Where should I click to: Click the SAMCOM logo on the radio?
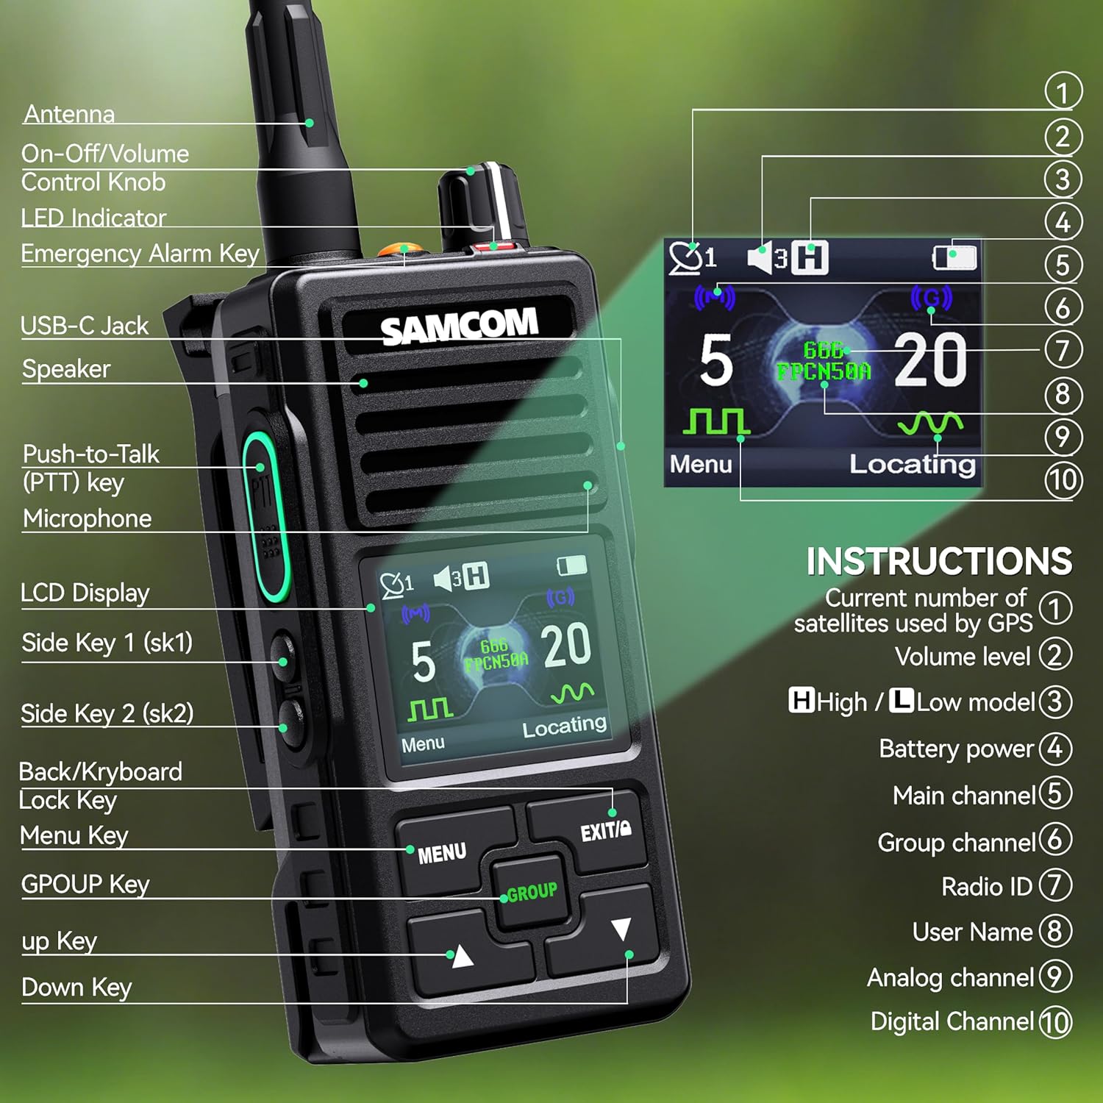point(459,326)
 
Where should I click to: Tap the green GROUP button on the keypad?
point(531,891)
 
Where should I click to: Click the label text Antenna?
point(69,114)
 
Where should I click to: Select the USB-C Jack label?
point(85,326)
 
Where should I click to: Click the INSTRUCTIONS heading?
point(939,562)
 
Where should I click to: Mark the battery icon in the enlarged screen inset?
point(954,257)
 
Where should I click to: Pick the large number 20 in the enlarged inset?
point(930,360)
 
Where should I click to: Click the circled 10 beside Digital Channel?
point(1055,1022)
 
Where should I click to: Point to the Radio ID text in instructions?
point(987,887)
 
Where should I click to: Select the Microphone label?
point(87,518)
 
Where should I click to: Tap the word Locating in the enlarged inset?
point(913,465)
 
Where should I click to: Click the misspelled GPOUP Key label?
point(85,884)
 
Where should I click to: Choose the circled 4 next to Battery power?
point(1055,749)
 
